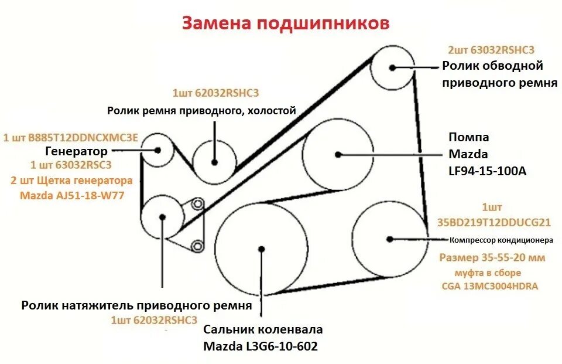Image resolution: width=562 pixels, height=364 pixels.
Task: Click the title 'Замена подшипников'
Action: pos(285,23)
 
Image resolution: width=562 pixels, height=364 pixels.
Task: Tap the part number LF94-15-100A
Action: pos(487,171)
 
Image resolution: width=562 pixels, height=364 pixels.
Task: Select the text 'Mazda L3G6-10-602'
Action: pos(261,346)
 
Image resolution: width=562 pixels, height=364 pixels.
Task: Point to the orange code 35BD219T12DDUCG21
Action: pos(494,222)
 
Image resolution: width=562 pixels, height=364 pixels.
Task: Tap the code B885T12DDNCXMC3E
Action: pos(71,138)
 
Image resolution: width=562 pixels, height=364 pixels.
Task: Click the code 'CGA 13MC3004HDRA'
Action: pos(490,287)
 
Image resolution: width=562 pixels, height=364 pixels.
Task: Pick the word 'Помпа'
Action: pos(468,138)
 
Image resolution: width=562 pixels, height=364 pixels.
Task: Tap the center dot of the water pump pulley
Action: pos(338,155)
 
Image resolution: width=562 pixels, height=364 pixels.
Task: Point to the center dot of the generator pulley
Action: pos(158,149)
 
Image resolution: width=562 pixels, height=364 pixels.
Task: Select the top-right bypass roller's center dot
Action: pos(393,67)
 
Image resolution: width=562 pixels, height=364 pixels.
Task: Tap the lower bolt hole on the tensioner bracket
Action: pos(198,245)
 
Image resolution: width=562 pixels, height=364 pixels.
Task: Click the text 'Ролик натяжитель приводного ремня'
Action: pos(136,305)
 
